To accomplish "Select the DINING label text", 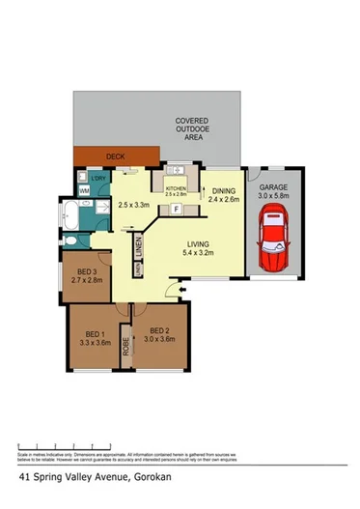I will coord(223,191).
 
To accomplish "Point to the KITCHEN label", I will coord(177,188).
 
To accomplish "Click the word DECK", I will coord(116,155).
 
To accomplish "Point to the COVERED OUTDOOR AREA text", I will coord(188,128).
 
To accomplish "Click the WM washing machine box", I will coord(84,191).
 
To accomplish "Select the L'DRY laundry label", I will coord(97,179).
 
